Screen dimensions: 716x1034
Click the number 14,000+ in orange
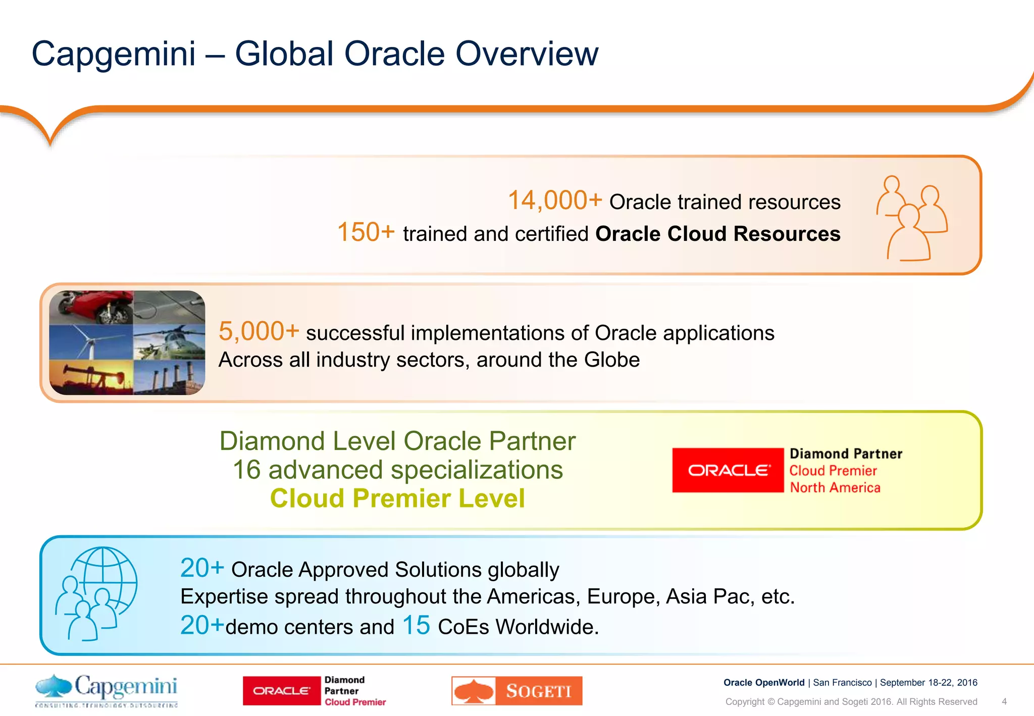coord(554,200)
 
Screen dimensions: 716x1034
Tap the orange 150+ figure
coord(366,232)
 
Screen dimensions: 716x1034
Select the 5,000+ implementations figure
coord(258,332)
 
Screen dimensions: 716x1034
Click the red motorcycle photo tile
coord(91,307)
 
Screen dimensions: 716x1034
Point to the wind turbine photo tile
coord(91,342)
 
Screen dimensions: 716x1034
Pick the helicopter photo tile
coord(169,342)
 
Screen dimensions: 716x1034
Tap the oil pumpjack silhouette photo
coord(91,377)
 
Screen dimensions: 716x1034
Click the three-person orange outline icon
coord(911,218)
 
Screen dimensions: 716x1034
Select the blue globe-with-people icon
coord(96,593)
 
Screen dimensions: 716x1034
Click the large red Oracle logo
coord(728,470)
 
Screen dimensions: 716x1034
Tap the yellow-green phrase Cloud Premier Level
coord(397,498)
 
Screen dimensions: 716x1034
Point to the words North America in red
coord(835,488)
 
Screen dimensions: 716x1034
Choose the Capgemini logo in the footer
coord(107,690)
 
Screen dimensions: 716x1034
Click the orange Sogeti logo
coord(516,691)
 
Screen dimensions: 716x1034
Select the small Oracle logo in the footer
coord(281,691)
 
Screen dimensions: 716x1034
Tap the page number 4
coord(1004,701)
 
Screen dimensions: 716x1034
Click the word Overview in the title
coord(527,54)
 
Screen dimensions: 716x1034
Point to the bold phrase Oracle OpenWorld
coord(763,683)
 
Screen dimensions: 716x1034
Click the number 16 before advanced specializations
coord(247,470)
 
